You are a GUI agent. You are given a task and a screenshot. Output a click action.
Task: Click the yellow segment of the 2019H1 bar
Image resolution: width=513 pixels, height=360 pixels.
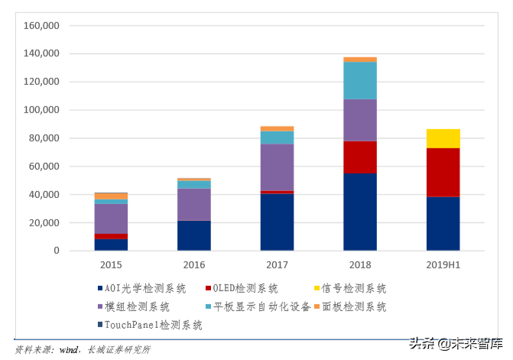pyautogui.click(x=443, y=138)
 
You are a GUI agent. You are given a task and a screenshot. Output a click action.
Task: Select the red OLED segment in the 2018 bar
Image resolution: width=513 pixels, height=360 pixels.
pyautogui.click(x=359, y=157)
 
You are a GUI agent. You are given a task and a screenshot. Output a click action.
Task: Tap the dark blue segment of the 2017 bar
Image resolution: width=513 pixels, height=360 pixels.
pyautogui.click(x=277, y=222)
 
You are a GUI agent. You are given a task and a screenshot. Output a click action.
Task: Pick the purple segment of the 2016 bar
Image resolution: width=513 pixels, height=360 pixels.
pyautogui.click(x=194, y=204)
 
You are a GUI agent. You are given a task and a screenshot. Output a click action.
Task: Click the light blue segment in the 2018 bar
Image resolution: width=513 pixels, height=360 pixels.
pyautogui.click(x=359, y=81)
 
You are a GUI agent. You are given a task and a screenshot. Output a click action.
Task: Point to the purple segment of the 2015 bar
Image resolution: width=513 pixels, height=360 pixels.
pyautogui.click(x=111, y=219)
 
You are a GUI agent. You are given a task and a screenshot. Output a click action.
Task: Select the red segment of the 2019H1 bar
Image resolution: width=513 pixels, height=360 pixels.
pyautogui.click(x=443, y=172)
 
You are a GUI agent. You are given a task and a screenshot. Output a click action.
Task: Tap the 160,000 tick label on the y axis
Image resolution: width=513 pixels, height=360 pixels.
pyautogui.click(x=42, y=25)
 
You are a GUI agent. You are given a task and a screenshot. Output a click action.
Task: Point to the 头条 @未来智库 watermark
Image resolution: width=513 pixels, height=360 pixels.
pyautogui.click(x=456, y=344)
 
